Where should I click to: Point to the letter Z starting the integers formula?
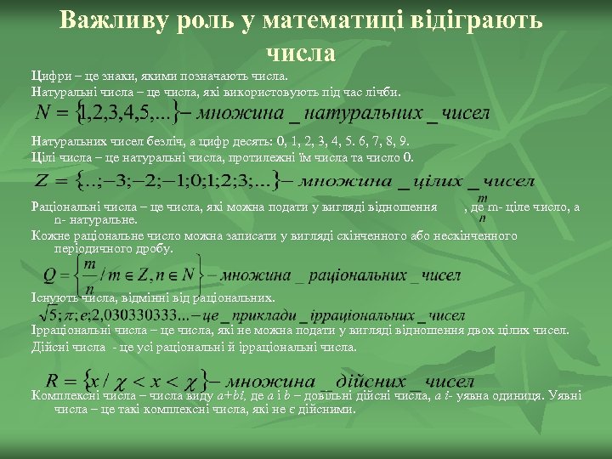[x=42, y=182]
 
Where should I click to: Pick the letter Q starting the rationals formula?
[x=50, y=275]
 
